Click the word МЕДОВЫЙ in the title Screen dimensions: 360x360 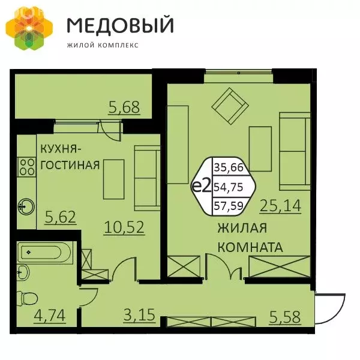pos(120,25)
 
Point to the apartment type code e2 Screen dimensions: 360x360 pos(202,186)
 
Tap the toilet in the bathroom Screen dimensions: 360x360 pos(28,299)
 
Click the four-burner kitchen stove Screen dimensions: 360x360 pos(26,166)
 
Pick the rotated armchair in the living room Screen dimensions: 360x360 pos(230,106)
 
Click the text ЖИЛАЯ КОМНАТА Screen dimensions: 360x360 pos(250,238)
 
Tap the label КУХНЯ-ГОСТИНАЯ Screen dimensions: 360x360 pos(70,157)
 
